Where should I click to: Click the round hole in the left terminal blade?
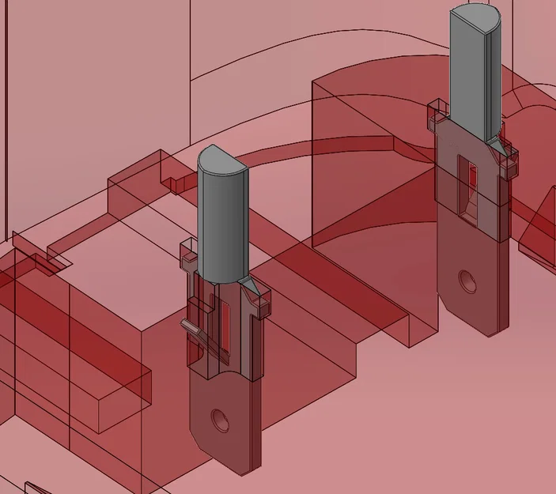[x=220, y=419]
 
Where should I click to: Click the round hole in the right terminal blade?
[x=468, y=281]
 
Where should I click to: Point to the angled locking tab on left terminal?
[x=192, y=326]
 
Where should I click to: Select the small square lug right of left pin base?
[x=261, y=303]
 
